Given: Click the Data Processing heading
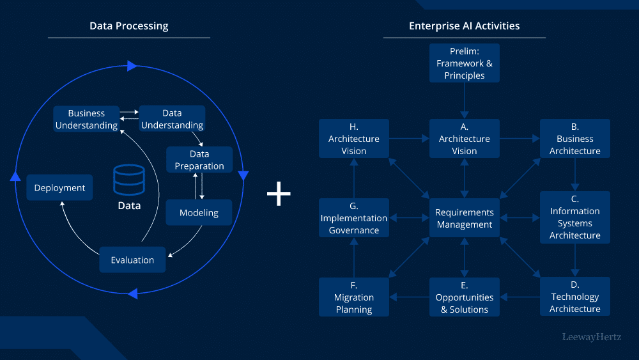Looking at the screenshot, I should click(128, 26).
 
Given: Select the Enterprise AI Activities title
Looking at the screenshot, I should click(464, 26).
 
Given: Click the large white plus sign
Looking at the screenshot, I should click(279, 194).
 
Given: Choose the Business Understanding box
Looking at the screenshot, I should click(86, 120).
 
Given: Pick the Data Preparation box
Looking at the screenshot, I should click(199, 160).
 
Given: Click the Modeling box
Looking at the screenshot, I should click(199, 213).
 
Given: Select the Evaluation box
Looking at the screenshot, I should click(132, 260).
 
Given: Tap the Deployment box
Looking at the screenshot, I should click(59, 188).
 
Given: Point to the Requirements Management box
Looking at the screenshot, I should click(464, 218).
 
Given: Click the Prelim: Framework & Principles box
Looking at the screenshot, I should click(465, 63).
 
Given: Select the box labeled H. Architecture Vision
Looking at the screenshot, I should click(353, 139).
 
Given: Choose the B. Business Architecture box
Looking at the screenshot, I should click(574, 139).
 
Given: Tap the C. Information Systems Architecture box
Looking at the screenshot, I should click(574, 217).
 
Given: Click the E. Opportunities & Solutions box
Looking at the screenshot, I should click(464, 297).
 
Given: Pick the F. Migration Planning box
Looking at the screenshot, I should click(353, 297).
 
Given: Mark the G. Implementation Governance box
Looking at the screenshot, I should click(353, 218).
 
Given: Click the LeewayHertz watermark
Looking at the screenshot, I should click(591, 336).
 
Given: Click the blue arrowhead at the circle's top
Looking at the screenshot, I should click(132, 66).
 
